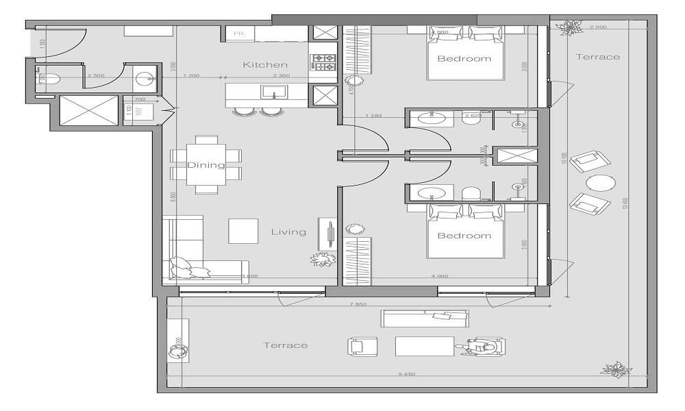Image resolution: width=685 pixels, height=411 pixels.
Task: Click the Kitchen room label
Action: (x=265, y=64)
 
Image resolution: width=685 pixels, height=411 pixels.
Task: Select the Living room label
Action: (x=288, y=232)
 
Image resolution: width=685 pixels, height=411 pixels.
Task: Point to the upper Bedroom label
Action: (x=464, y=58)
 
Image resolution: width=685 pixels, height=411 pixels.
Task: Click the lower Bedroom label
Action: (x=464, y=236)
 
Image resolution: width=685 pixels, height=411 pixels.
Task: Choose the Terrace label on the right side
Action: (x=597, y=57)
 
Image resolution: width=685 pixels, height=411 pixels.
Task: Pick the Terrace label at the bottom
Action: (x=286, y=345)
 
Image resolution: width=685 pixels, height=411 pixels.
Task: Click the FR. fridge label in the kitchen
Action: (x=240, y=34)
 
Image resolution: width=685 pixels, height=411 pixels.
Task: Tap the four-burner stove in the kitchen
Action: (x=323, y=62)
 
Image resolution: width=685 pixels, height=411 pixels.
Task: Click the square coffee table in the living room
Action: (x=243, y=231)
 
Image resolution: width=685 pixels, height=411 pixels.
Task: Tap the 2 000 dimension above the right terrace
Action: (x=597, y=27)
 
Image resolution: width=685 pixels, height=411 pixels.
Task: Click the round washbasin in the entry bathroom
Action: (x=145, y=77)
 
